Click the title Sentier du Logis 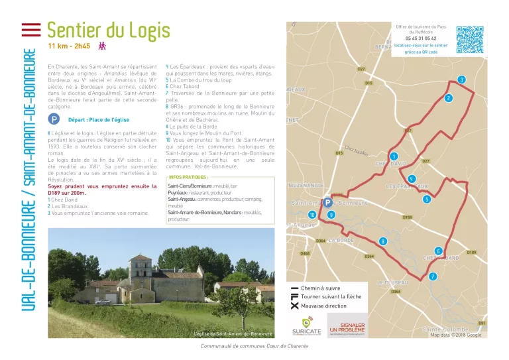(108, 30)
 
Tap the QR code (469, 40)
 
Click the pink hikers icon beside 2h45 (102, 46)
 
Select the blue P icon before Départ (54, 120)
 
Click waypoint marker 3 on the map (461, 80)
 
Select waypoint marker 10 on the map (311, 215)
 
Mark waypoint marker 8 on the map (382, 241)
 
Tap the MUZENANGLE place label (307, 186)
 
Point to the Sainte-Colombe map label (445, 329)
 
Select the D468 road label (305, 253)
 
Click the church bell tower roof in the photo (141, 259)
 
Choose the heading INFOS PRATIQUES (188, 178)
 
